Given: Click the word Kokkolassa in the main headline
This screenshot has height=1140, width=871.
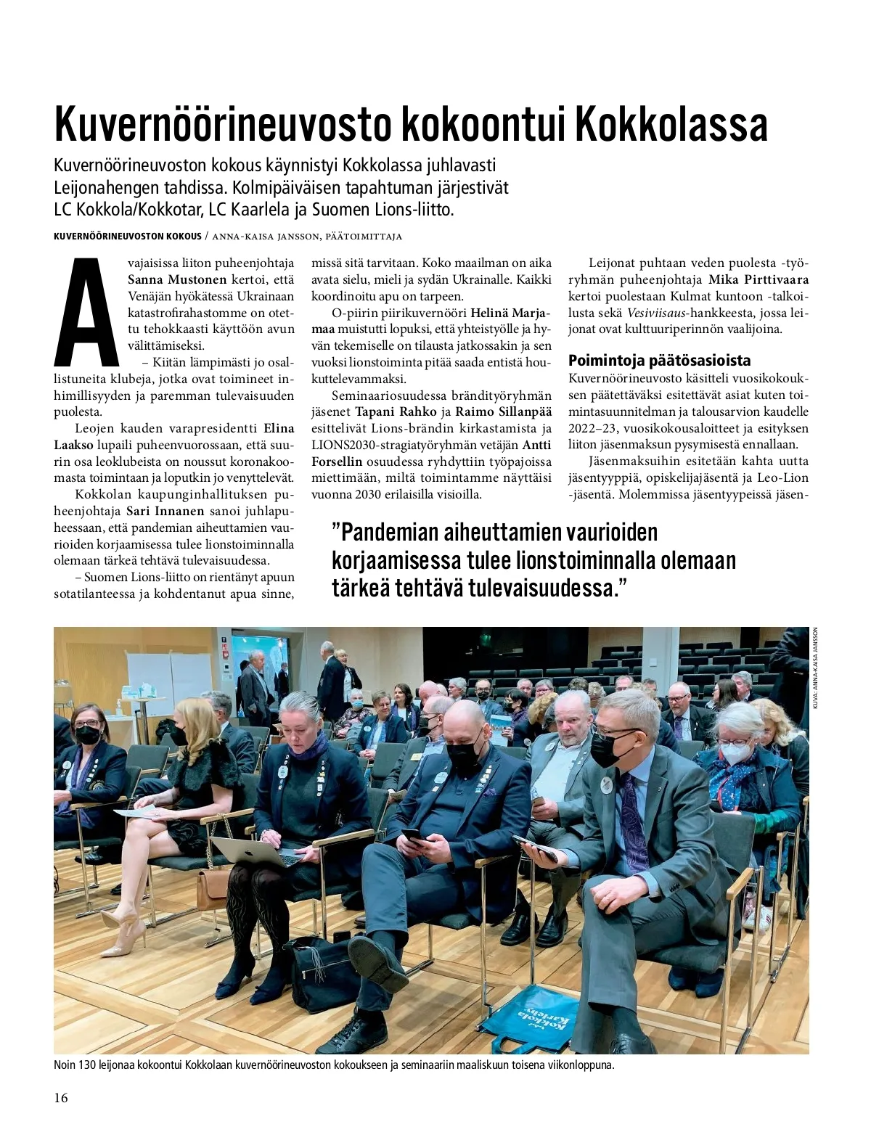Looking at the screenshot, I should coord(671,126).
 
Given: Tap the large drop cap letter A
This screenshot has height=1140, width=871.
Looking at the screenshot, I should coord(86,312).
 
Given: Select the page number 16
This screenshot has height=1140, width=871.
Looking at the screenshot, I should coord(61,1098).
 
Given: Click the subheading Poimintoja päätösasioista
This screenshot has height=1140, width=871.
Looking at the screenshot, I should coord(659,361).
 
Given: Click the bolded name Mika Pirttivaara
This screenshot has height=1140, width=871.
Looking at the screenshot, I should coord(758,279).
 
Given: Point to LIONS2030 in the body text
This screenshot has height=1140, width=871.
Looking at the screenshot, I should coord(342,445).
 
